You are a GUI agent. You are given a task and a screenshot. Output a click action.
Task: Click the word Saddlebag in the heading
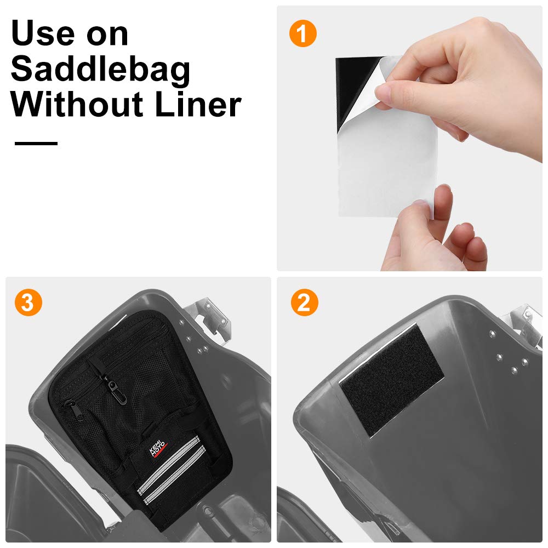(x=101, y=70)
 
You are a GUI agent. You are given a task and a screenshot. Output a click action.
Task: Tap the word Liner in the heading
(x=198, y=104)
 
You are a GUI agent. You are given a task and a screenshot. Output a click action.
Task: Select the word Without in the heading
(x=77, y=104)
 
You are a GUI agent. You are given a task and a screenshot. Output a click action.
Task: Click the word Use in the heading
(x=43, y=33)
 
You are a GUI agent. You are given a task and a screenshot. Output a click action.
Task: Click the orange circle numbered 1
(x=303, y=33)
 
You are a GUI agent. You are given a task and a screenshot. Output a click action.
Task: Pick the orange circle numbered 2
(x=304, y=302)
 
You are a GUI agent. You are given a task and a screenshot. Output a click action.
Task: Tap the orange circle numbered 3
(x=28, y=302)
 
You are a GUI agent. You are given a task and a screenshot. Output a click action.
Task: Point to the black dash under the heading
(x=36, y=143)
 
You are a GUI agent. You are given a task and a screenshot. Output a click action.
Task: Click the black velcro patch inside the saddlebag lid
(x=392, y=380)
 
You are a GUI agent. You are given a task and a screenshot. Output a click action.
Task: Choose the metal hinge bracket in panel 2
(x=522, y=322)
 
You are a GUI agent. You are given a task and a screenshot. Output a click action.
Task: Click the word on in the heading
(x=107, y=35)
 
